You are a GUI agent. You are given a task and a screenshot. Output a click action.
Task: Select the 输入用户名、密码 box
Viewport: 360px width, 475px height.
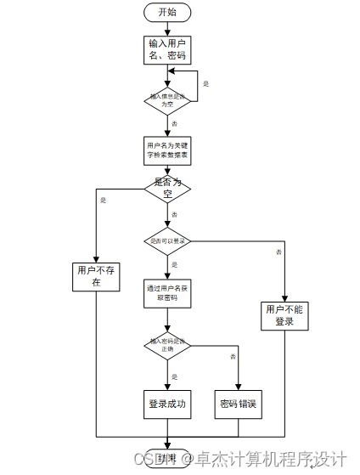[167, 49]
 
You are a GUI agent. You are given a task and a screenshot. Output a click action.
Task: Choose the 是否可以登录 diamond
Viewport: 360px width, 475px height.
[167, 241]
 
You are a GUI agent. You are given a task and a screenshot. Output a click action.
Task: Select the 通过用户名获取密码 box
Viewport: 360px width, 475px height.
[167, 294]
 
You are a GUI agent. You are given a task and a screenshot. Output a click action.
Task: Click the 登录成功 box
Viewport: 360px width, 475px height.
[167, 404]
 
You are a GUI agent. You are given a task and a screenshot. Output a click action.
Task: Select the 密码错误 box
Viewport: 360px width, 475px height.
[239, 404]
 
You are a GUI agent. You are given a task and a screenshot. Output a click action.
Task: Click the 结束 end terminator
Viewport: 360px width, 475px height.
[167, 458]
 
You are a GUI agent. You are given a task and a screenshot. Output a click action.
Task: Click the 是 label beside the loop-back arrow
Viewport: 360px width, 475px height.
[205, 84]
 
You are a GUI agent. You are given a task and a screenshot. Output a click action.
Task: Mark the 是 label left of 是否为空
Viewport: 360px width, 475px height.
[104, 200]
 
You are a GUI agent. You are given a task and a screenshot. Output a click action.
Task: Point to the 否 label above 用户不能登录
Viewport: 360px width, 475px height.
[278, 252]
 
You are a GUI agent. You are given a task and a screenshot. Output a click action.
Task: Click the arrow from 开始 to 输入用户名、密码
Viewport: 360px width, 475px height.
[167, 28]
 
